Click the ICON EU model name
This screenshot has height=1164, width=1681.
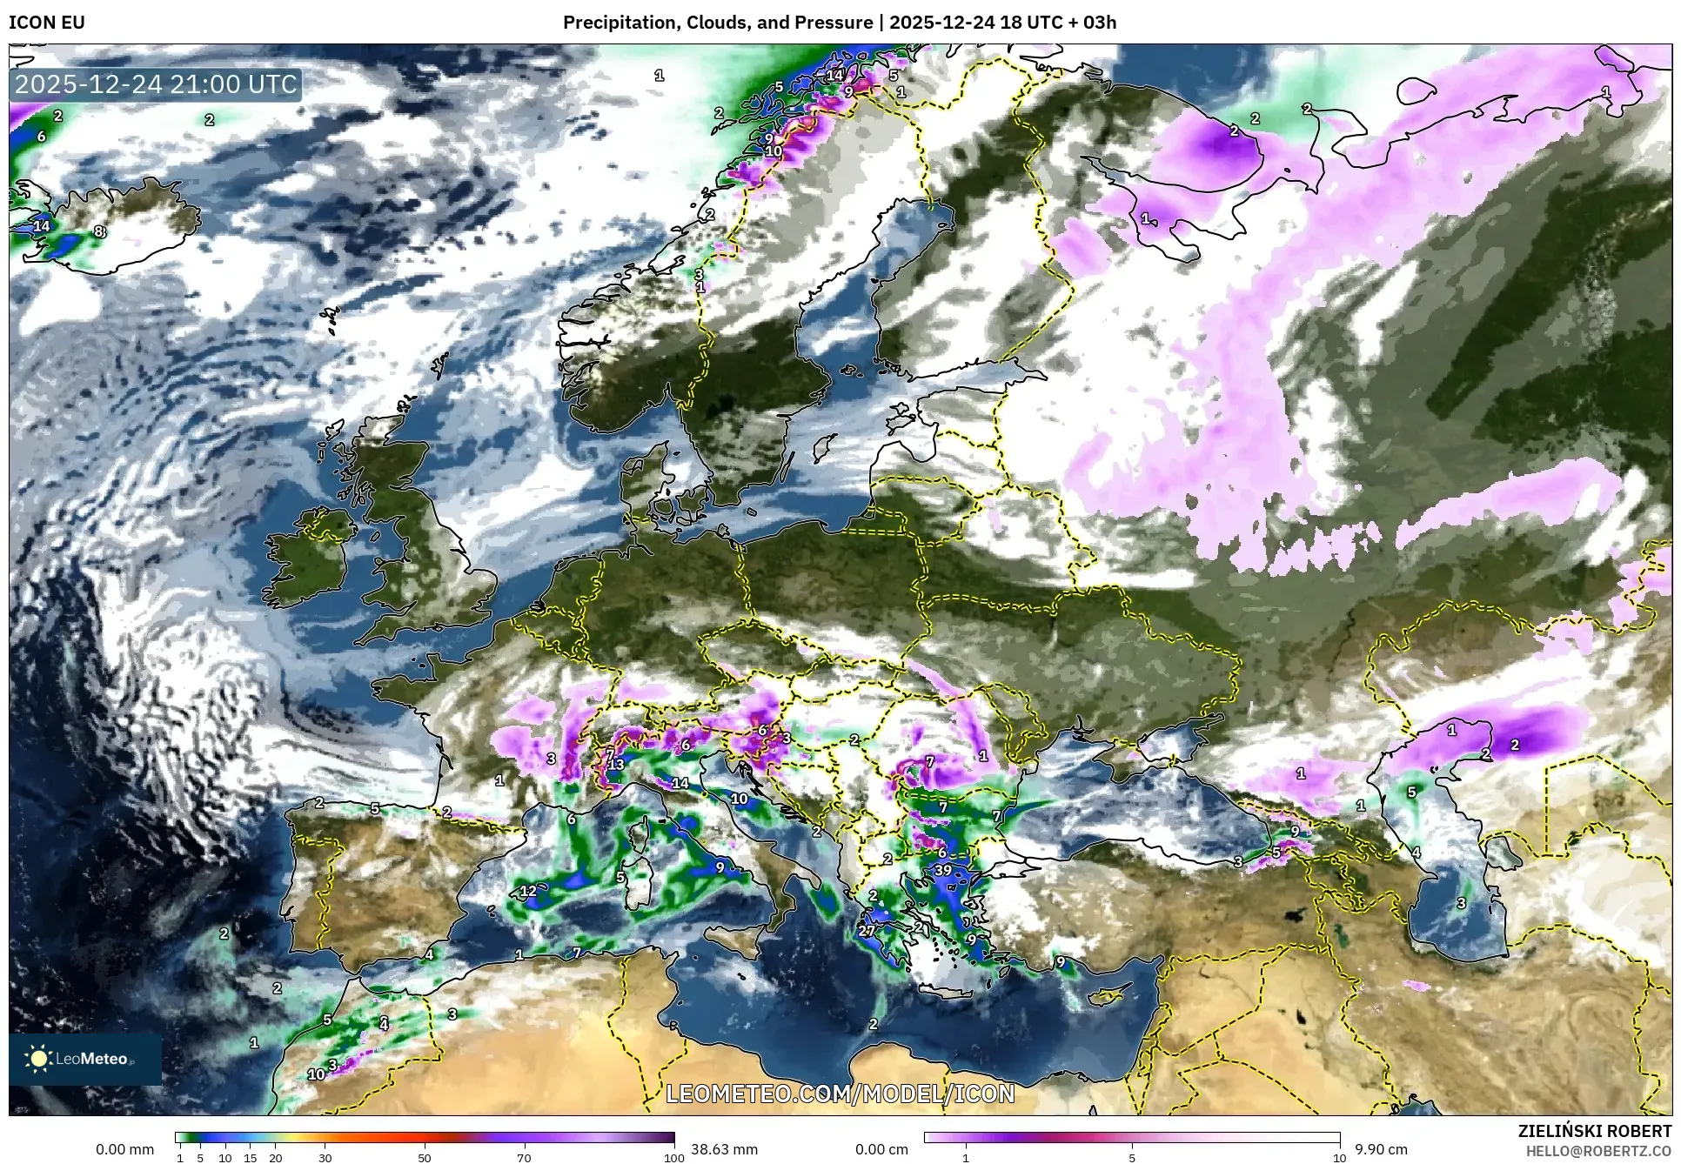pos(47,23)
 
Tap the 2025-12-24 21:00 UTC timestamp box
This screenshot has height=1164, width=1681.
pos(157,84)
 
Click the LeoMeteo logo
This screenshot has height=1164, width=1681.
pos(84,1059)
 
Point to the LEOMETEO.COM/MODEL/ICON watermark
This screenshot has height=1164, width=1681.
pos(840,1094)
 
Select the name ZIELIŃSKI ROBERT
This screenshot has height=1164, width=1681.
pos(1594,1131)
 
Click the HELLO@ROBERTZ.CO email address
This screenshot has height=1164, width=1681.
pos(1598,1150)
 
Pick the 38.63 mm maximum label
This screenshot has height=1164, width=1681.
pos(724,1149)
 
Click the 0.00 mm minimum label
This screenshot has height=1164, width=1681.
pos(124,1149)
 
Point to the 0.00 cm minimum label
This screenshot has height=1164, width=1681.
pos(881,1149)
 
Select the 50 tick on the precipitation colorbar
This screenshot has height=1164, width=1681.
pos(425,1158)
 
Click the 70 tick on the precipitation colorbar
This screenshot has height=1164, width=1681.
pos(524,1158)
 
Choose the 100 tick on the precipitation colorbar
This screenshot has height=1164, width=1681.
pos(674,1158)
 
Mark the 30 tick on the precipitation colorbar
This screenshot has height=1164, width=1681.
pos(325,1158)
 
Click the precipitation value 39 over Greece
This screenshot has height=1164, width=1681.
pos(943,870)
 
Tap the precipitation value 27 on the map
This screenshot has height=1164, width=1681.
pos(867,930)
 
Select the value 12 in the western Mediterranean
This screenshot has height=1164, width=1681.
pos(528,891)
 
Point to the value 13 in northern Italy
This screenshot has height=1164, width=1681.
pos(616,765)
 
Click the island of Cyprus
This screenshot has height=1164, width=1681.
pos(1108,996)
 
